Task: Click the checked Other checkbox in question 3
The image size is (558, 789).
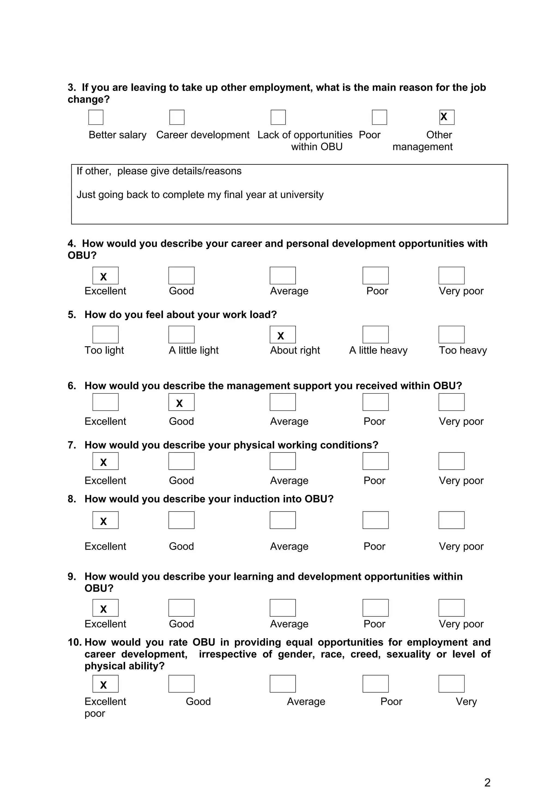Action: [x=447, y=117]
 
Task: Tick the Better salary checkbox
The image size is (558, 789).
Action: [x=96, y=117]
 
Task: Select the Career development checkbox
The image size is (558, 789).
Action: [x=177, y=117]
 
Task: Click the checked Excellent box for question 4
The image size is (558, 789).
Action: [x=105, y=276]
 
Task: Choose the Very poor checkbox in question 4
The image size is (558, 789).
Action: [x=451, y=276]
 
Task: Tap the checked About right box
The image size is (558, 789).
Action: [x=283, y=335]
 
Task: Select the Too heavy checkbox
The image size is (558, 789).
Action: [x=451, y=335]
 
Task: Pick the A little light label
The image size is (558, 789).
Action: [x=193, y=350]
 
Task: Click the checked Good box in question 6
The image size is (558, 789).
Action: [x=181, y=402]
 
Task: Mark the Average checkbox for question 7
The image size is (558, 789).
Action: [x=283, y=461]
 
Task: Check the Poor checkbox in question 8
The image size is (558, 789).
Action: [x=375, y=520]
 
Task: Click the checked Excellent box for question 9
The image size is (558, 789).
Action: [x=105, y=608]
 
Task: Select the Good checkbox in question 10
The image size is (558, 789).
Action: [x=181, y=684]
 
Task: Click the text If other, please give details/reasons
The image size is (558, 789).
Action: [x=159, y=171]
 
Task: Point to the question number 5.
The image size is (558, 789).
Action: [x=71, y=315]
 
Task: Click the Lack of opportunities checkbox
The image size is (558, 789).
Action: [x=278, y=117]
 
